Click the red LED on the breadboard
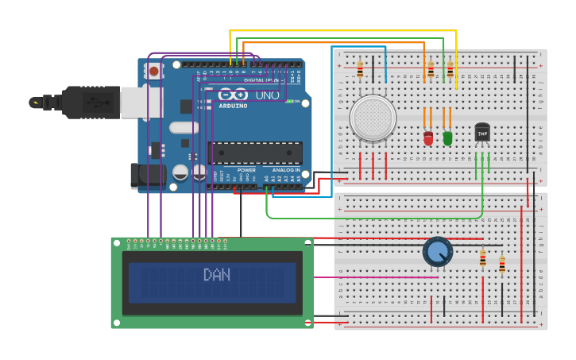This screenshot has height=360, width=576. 428,138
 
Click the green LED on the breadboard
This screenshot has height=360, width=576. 447,138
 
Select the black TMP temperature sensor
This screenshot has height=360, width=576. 482,132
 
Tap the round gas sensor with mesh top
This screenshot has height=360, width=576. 373,118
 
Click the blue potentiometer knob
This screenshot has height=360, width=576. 437,252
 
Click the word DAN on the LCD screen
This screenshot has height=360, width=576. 216,275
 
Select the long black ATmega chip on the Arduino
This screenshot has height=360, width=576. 254,153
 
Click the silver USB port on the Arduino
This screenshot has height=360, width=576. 141,102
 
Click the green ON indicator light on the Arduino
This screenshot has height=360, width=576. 291,101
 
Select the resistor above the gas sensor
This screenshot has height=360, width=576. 360,70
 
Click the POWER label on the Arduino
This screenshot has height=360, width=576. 246,170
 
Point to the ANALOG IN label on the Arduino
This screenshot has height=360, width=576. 287,170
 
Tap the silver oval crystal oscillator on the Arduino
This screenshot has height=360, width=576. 184,127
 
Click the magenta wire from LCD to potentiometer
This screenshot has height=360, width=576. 373,277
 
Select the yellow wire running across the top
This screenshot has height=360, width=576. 342,31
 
